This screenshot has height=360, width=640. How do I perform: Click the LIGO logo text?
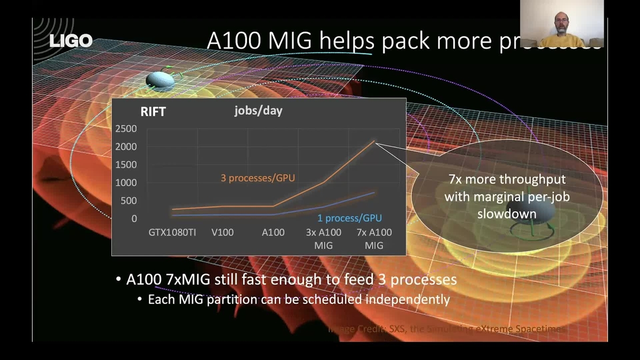(x=71, y=41)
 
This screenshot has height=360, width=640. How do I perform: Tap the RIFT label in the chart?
(x=153, y=111)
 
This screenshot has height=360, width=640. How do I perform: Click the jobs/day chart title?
(x=258, y=111)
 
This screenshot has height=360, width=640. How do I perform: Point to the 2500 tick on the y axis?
(x=126, y=129)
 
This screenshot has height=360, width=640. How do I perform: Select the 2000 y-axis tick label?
(x=126, y=147)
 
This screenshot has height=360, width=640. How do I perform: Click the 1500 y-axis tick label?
(x=126, y=164)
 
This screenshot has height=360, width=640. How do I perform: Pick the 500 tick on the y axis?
(x=129, y=201)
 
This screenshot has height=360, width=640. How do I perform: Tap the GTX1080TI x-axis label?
(x=172, y=233)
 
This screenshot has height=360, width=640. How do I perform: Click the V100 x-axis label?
(x=222, y=233)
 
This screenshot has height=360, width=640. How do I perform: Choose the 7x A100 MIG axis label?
(x=374, y=239)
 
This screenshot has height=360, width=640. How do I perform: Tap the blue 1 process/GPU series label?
(x=349, y=218)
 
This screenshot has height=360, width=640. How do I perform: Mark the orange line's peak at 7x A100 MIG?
(x=374, y=141)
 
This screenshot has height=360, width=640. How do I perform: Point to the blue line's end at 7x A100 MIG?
(x=374, y=192)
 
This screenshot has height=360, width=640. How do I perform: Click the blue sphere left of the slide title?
(x=160, y=81)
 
